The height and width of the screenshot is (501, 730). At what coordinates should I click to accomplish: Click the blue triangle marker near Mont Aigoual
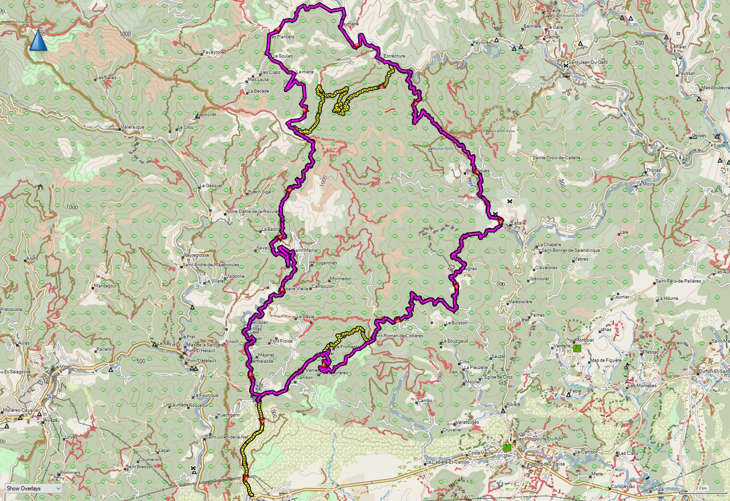pos(38,40)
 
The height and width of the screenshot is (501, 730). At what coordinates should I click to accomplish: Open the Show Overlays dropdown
pos(34,488)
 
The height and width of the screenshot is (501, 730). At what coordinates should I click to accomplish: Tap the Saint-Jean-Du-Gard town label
pos(587,62)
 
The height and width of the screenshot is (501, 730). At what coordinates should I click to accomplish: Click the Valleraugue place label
pos(133,127)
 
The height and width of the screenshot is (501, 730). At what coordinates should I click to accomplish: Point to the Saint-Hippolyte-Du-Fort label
pos(539,439)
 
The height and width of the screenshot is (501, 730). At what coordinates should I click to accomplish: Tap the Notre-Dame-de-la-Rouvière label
pos(252,212)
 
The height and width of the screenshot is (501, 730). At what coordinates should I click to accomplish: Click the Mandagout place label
pos(106,286)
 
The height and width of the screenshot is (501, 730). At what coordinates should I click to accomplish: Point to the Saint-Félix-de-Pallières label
pos(678,281)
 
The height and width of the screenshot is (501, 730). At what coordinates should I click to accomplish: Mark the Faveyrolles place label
pos(215,52)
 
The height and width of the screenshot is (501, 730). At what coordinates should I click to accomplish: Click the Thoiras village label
pos(653,170)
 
